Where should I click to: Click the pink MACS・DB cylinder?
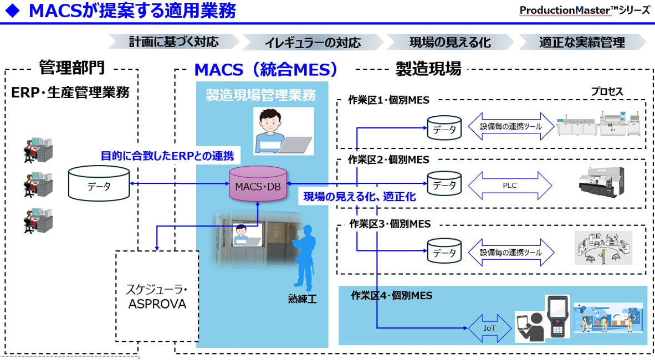(258, 186)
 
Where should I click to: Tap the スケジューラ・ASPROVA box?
(157, 296)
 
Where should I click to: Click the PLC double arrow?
(510, 186)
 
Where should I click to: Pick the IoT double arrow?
(489, 328)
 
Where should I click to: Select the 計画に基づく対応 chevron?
(173, 42)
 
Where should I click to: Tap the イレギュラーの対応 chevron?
(313, 42)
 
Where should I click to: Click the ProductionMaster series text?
(585, 11)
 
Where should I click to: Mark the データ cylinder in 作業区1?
(444, 128)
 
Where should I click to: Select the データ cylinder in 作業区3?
(444, 252)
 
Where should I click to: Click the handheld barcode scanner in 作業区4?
(556, 316)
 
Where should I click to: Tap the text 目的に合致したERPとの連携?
(167, 156)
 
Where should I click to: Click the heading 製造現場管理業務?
(260, 95)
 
